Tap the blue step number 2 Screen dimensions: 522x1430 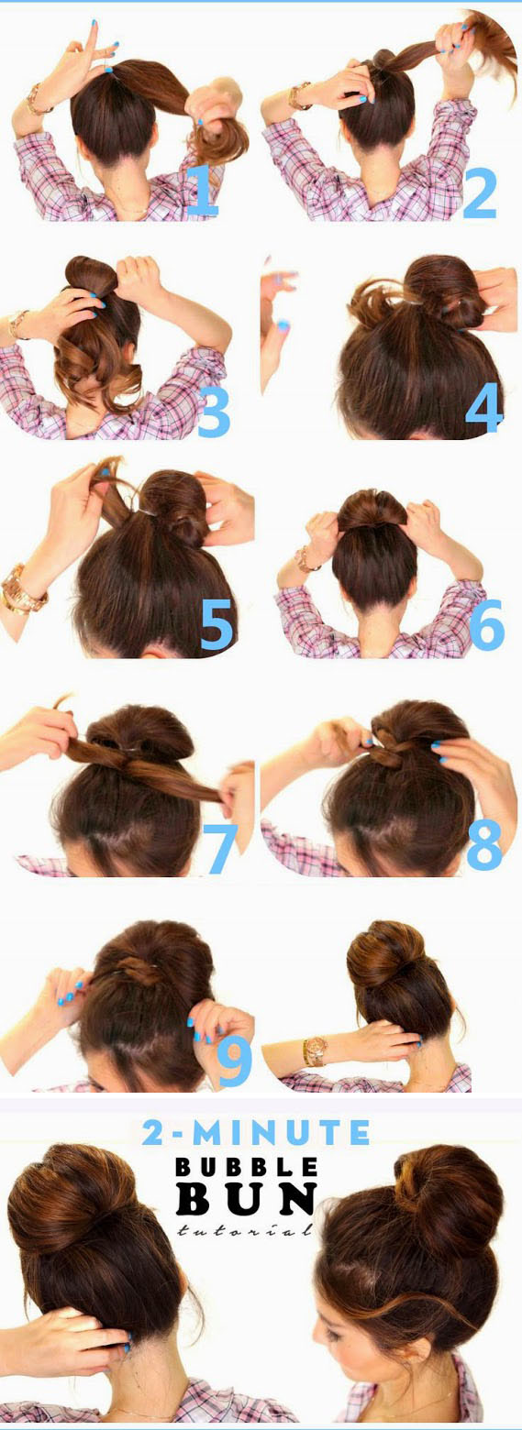pos(479,192)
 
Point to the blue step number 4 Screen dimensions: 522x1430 pos(483,405)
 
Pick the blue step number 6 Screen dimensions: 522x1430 pos(487,623)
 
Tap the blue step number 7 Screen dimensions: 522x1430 pos(220,847)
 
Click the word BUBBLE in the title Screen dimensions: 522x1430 pos(247,1168)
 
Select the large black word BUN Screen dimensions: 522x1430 pos(247,1199)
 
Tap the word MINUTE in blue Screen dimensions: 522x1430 pos(281,1132)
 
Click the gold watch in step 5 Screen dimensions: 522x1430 pos(22,588)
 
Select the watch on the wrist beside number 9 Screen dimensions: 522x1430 pos(315,1051)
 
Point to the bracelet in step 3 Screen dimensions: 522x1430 pos(18,324)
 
